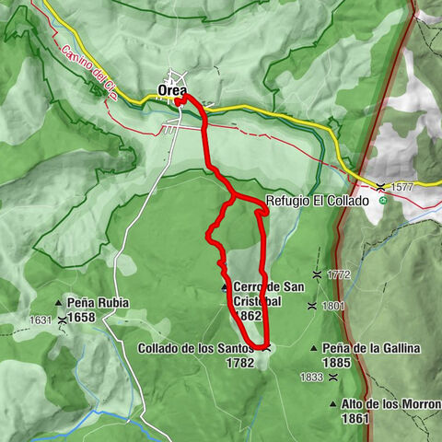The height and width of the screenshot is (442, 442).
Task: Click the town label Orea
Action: (171, 89)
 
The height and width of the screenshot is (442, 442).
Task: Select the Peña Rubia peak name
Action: (98, 302)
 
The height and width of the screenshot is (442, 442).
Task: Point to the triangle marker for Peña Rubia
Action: (58, 302)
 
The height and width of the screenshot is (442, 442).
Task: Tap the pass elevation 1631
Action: (41, 320)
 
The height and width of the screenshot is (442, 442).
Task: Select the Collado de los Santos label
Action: (195, 348)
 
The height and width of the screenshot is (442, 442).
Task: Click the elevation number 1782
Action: (238, 364)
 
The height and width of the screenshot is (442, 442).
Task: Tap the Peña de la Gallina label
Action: (370, 348)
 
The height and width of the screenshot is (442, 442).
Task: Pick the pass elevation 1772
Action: (339, 274)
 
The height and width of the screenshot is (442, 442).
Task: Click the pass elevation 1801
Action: (333, 306)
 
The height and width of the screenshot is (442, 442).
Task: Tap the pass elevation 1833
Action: (311, 376)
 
